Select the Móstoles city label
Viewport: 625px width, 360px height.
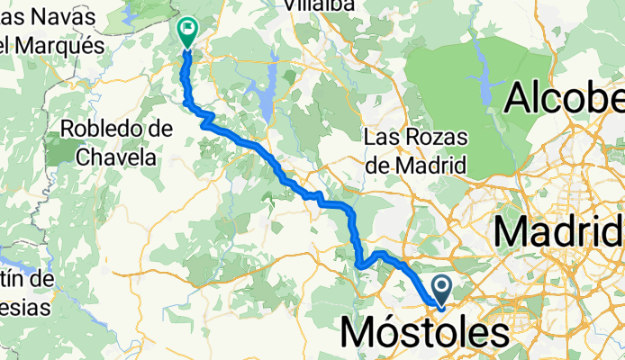(424, 334)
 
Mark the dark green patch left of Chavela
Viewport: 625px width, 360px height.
(59, 150)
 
